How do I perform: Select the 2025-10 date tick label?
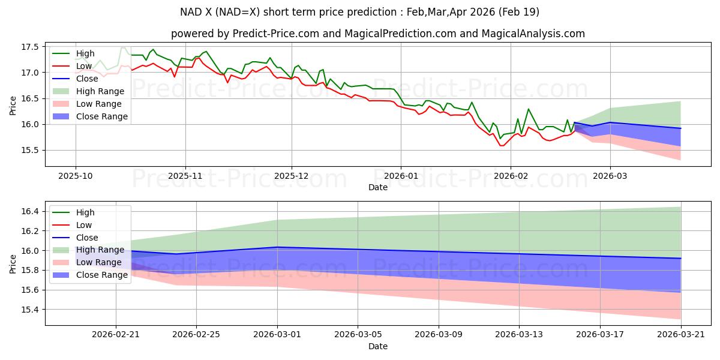pos(76,175)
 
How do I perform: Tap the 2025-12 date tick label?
pos(292,175)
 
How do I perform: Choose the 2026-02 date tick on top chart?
pos(511,175)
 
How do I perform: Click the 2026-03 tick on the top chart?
pos(610,175)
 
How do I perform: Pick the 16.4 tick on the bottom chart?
pos(30,211)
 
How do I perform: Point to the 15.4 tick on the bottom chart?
pos(30,310)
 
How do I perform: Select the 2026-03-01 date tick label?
pos(278,334)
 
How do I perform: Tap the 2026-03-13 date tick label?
pos(520,334)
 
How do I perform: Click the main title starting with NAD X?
pos(360,12)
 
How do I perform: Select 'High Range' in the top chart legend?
pos(100,91)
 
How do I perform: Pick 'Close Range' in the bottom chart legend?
pos(102,275)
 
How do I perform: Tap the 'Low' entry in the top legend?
pos(84,66)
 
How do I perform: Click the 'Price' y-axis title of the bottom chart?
pos(13,263)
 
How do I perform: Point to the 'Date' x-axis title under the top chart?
pos(378,187)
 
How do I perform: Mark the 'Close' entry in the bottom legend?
pos(87,238)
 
